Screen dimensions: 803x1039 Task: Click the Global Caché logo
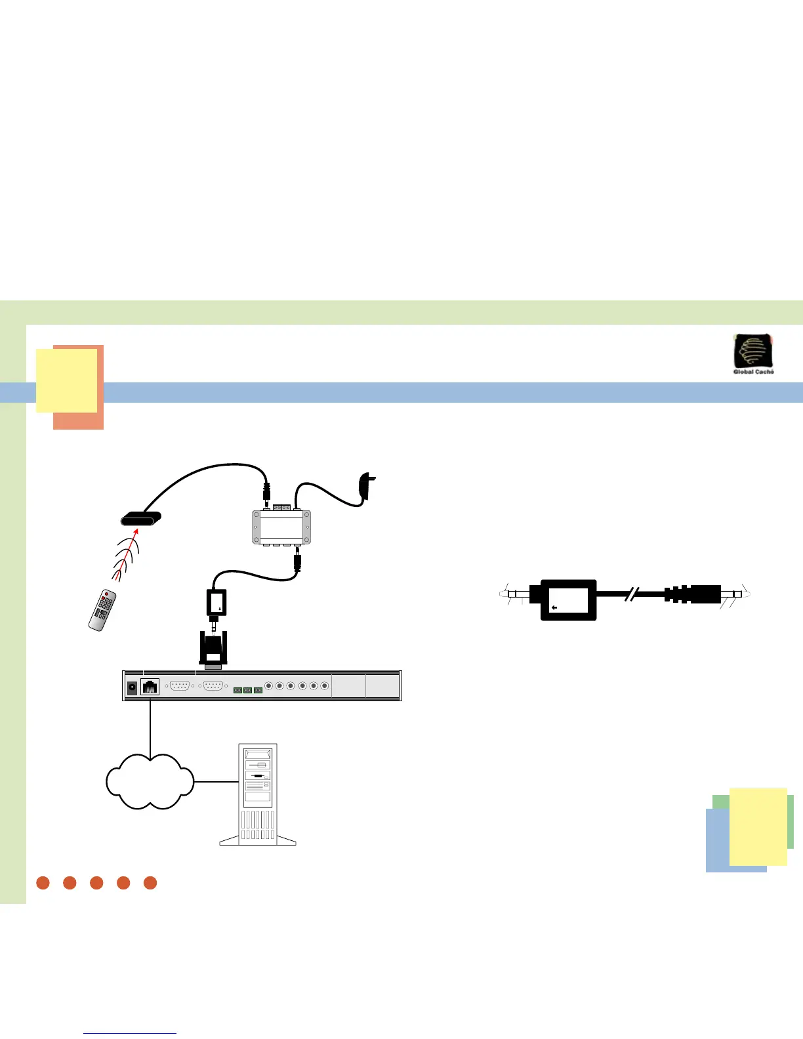pyautogui.click(x=753, y=354)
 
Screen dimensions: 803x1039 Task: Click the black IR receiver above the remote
pyautogui.click(x=140, y=520)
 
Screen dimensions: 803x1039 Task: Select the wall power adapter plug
pyautogui.click(x=367, y=486)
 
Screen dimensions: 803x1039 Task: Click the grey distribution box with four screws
pyautogui.click(x=281, y=527)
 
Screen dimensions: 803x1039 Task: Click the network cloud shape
pyautogui.click(x=150, y=781)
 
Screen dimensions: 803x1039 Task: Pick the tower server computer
pyautogui.click(x=258, y=794)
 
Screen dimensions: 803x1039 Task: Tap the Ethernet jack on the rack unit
pyautogui.click(x=150, y=687)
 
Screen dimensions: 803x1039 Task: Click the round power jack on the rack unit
pyautogui.click(x=131, y=687)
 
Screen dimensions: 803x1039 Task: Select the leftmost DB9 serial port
pyautogui.click(x=179, y=686)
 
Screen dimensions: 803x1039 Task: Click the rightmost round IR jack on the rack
pyautogui.click(x=325, y=686)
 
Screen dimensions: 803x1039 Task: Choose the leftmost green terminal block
pyautogui.click(x=237, y=690)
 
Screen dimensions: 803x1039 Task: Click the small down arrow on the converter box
pyautogui.click(x=219, y=609)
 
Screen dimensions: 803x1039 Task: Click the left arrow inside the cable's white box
pyautogui.click(x=554, y=608)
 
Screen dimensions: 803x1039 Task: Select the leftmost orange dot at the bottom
pyautogui.click(x=43, y=883)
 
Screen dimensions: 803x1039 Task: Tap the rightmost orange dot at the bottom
pyautogui.click(x=150, y=883)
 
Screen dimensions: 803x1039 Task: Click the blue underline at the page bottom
pyautogui.click(x=130, y=1034)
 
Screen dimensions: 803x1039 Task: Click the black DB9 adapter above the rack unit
pyautogui.click(x=214, y=649)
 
